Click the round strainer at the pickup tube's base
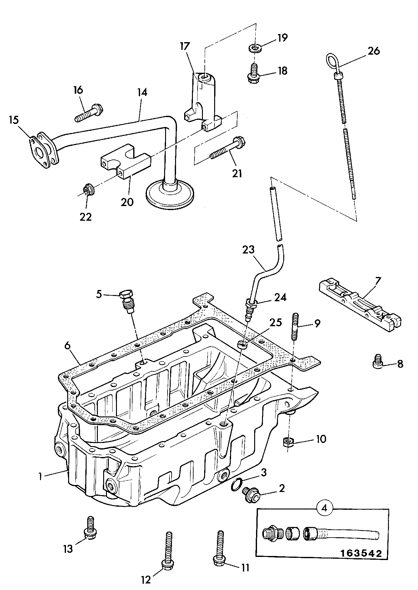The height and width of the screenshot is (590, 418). [x=171, y=194]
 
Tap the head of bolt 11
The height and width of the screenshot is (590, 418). [x=219, y=560]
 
